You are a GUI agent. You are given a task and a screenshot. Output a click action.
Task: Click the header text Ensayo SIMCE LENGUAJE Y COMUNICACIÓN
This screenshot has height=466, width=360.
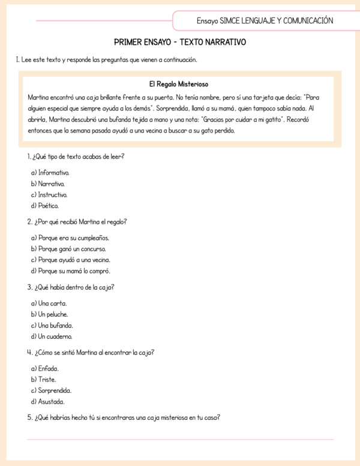pyautogui.click(x=265, y=21)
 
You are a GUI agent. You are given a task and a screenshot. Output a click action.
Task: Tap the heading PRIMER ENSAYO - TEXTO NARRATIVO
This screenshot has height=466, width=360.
pyautogui.click(x=180, y=43)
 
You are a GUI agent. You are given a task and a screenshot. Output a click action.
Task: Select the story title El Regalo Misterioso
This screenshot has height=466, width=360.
pyautogui.click(x=178, y=84)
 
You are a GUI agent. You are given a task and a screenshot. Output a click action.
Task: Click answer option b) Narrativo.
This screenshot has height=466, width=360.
pyautogui.click(x=47, y=184)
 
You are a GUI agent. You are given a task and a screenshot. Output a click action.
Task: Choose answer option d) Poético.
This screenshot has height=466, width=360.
pyautogui.click(x=45, y=206)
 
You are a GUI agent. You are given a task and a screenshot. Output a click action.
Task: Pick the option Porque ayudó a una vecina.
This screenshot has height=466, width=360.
pyautogui.click(x=70, y=260)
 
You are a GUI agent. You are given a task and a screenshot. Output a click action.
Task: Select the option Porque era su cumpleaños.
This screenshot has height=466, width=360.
pyautogui.click(x=70, y=238)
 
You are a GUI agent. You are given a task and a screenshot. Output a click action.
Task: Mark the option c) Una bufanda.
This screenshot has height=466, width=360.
pyautogui.click(x=52, y=325)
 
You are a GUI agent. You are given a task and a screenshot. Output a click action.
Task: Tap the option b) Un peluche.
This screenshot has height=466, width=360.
pyautogui.click(x=49, y=314)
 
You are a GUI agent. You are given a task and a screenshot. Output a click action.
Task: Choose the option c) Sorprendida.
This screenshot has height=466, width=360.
pyautogui.click(x=51, y=390)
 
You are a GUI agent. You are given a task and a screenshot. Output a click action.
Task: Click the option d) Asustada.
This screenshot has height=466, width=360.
pyautogui.click(x=47, y=401)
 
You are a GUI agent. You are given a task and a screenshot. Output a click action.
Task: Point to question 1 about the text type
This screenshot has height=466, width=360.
pyautogui.click(x=76, y=157)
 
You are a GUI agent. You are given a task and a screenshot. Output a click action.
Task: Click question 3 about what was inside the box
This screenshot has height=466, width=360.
pyautogui.click(x=71, y=287)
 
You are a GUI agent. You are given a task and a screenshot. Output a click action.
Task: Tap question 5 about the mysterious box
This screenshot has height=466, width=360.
pyautogui.click(x=124, y=417)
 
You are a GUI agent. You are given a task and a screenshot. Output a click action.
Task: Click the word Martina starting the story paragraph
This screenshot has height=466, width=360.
pyautogui.click(x=38, y=97)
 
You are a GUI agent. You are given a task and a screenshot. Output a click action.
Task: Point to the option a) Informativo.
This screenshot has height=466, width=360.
pyautogui.click(x=50, y=173)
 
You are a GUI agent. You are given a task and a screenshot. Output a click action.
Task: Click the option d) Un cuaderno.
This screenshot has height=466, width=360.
pyautogui.click(x=52, y=336)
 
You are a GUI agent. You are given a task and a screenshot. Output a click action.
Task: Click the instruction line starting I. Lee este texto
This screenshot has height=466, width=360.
pyautogui.click(x=107, y=60)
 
